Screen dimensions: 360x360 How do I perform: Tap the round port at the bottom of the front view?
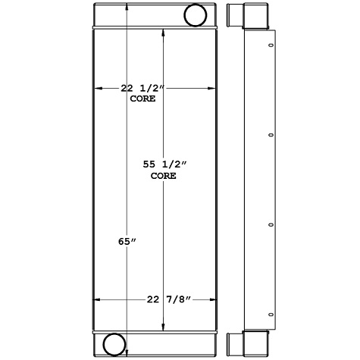(114, 343)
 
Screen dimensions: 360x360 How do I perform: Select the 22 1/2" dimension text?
(143, 88)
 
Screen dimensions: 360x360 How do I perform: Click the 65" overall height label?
(129, 242)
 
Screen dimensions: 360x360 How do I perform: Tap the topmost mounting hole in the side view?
(271, 47)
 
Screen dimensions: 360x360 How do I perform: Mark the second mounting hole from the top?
(271, 136)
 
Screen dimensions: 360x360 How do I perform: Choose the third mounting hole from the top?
(271, 224)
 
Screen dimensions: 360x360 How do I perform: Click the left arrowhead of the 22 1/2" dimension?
(97, 88)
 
